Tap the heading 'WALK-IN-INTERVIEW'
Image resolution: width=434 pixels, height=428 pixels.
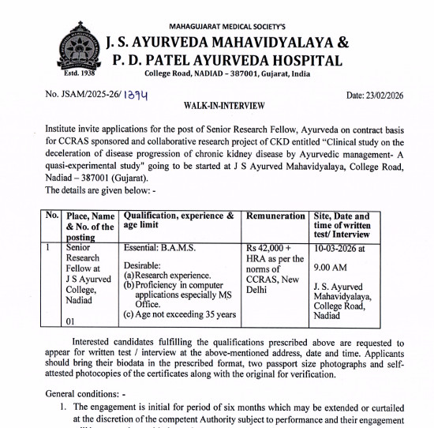(219, 104)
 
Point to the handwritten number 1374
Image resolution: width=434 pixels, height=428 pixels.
(134, 94)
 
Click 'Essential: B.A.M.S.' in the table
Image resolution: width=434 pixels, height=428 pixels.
(160, 247)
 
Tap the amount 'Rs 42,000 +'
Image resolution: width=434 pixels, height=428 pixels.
(269, 247)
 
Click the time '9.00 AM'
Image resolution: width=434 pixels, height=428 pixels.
(330, 267)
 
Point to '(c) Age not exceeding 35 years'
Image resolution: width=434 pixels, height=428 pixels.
(179, 315)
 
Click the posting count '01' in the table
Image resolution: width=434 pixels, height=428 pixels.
(71, 321)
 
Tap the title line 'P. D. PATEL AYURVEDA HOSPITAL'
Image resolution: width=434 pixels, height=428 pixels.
(224, 60)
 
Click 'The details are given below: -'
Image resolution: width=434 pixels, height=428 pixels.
(101, 168)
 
